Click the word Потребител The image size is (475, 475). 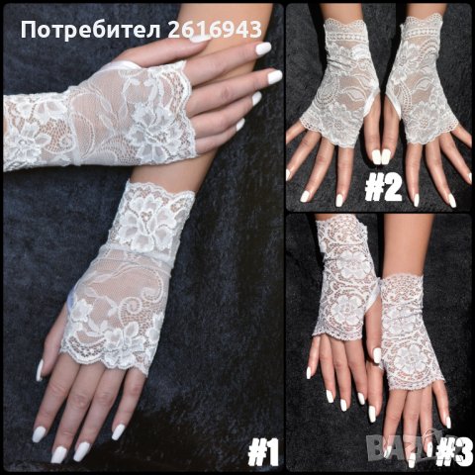[91, 30]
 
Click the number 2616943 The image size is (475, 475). [215, 29]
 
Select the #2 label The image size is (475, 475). [383, 189]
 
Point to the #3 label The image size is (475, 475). [455, 453]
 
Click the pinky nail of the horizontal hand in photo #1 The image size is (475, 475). [240, 125]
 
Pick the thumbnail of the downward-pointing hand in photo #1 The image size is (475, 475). [40, 370]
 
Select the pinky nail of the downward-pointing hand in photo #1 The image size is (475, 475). [118, 432]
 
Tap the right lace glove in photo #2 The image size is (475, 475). [422, 81]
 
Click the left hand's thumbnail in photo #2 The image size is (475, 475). [377, 156]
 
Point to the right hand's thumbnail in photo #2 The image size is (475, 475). [386, 157]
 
